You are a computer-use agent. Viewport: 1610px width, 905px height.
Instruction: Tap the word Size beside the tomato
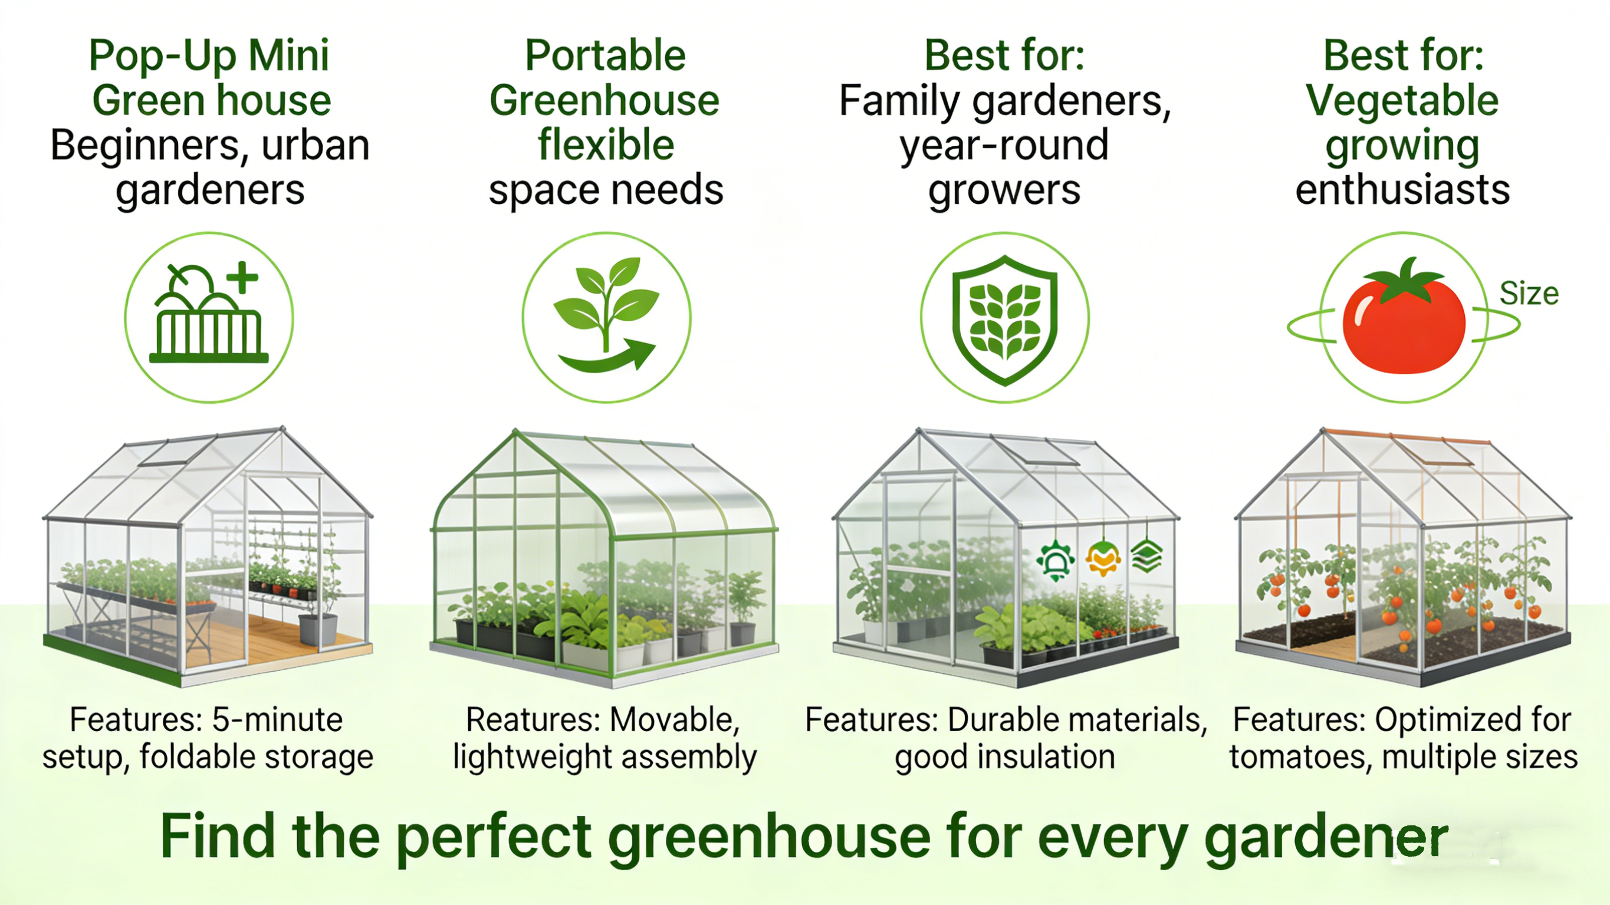[1529, 294]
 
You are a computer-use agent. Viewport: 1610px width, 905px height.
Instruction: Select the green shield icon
[1004, 320]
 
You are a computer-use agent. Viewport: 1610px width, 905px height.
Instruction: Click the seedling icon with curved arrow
[606, 315]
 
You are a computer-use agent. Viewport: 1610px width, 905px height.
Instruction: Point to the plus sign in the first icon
[242, 278]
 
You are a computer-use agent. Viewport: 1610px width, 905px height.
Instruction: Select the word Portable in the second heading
[605, 55]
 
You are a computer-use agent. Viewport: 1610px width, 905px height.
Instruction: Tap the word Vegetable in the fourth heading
[1402, 101]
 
